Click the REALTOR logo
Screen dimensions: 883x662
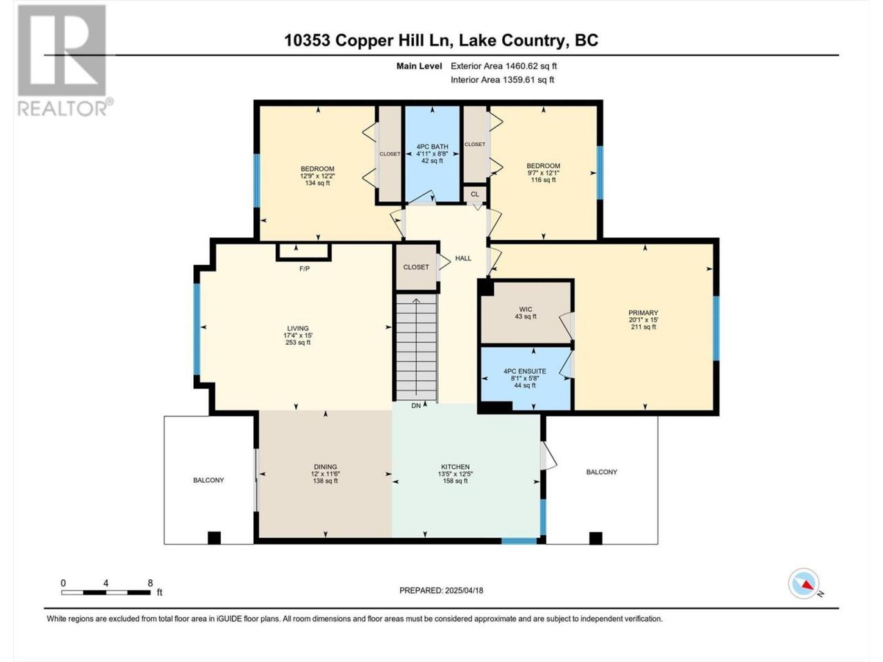64,60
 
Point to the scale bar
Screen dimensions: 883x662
106,592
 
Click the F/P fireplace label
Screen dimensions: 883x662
304,268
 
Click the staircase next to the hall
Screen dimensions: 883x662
417,348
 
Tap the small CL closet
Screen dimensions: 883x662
475,194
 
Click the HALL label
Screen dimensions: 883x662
463,259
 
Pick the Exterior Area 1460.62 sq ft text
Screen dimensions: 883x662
504,66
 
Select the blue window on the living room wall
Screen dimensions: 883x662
197,330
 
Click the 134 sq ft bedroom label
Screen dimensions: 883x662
317,176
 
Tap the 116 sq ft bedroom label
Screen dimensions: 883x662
543,172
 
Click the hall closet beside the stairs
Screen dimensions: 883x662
417,267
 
